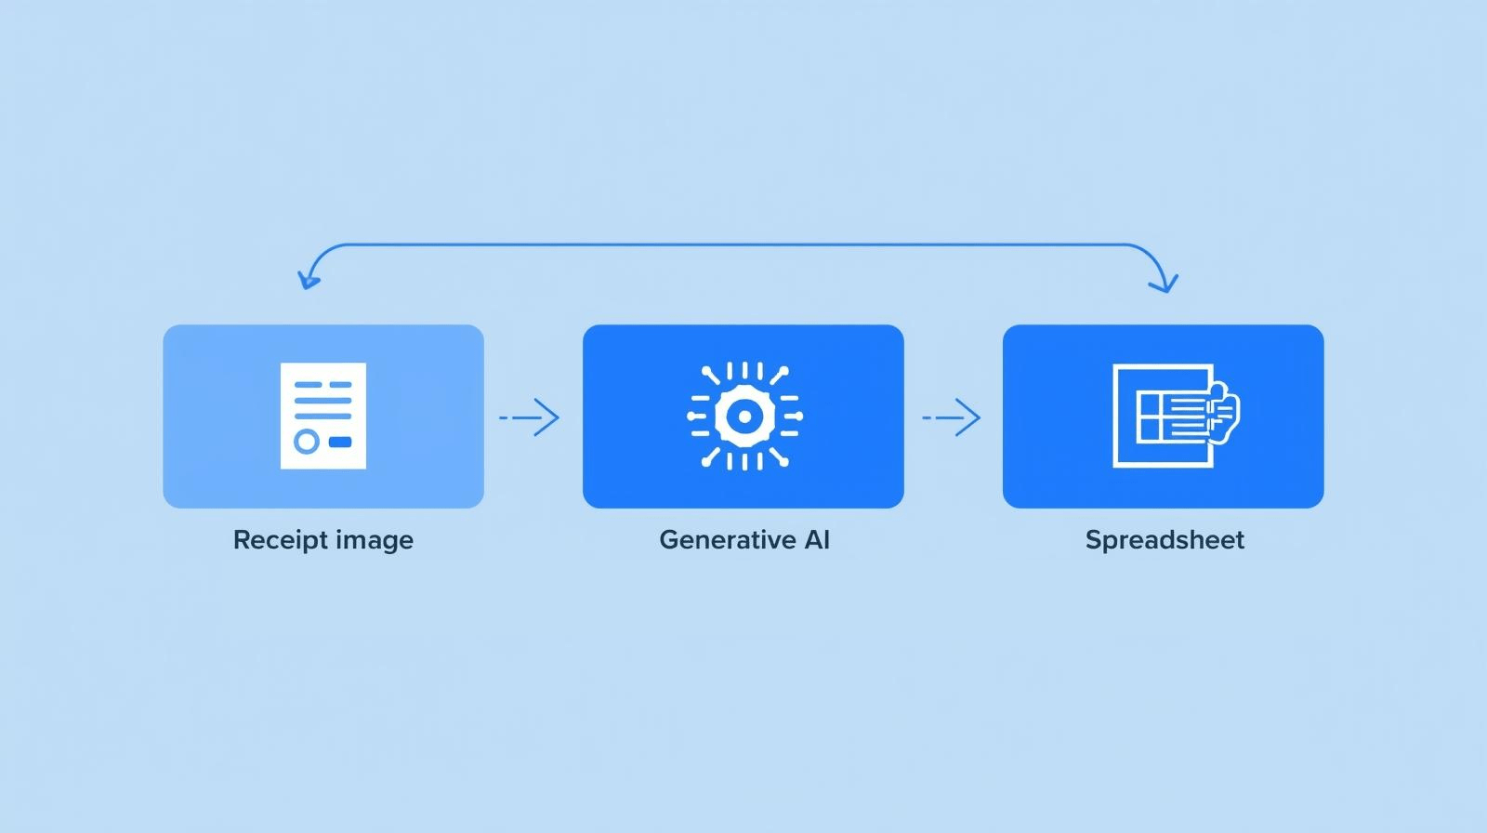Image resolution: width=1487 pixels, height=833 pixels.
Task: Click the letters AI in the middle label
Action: tap(814, 540)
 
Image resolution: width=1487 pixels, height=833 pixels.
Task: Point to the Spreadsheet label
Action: tap(1164, 540)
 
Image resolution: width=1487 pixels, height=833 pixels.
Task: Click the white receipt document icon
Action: tap(323, 416)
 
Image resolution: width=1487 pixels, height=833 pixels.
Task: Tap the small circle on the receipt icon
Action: tap(307, 441)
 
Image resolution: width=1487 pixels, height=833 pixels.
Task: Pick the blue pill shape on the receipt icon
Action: tap(340, 442)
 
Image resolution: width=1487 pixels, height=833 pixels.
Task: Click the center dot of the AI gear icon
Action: tap(743, 416)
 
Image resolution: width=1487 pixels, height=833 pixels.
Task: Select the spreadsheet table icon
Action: tap(1162, 416)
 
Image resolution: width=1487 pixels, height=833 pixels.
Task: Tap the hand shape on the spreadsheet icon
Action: tap(1225, 412)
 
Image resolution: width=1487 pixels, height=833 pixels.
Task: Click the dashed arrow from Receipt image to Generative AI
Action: tap(530, 417)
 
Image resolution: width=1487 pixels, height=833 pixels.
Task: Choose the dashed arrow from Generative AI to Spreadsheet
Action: tap(952, 417)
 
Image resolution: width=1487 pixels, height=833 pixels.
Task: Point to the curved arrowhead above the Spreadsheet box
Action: tap(1164, 283)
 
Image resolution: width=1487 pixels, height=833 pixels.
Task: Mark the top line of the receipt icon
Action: tap(322, 384)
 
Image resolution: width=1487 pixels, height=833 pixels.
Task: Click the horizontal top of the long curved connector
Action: tap(734, 245)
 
